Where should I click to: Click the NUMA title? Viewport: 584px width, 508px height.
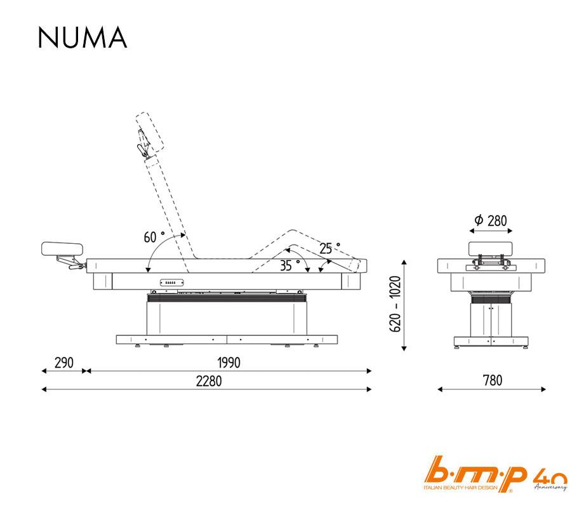(83, 37)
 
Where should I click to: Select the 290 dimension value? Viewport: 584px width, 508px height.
(64, 363)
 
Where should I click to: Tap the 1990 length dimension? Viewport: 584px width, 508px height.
(229, 363)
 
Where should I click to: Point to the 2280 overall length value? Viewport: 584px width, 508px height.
(209, 381)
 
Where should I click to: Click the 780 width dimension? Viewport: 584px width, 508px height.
(493, 380)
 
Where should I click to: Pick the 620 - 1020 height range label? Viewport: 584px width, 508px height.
(395, 304)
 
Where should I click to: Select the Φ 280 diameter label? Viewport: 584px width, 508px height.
(491, 220)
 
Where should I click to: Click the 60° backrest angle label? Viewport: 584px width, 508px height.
(154, 237)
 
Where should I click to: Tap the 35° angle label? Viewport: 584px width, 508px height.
(289, 265)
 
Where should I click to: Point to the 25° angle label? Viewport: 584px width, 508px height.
(329, 248)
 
